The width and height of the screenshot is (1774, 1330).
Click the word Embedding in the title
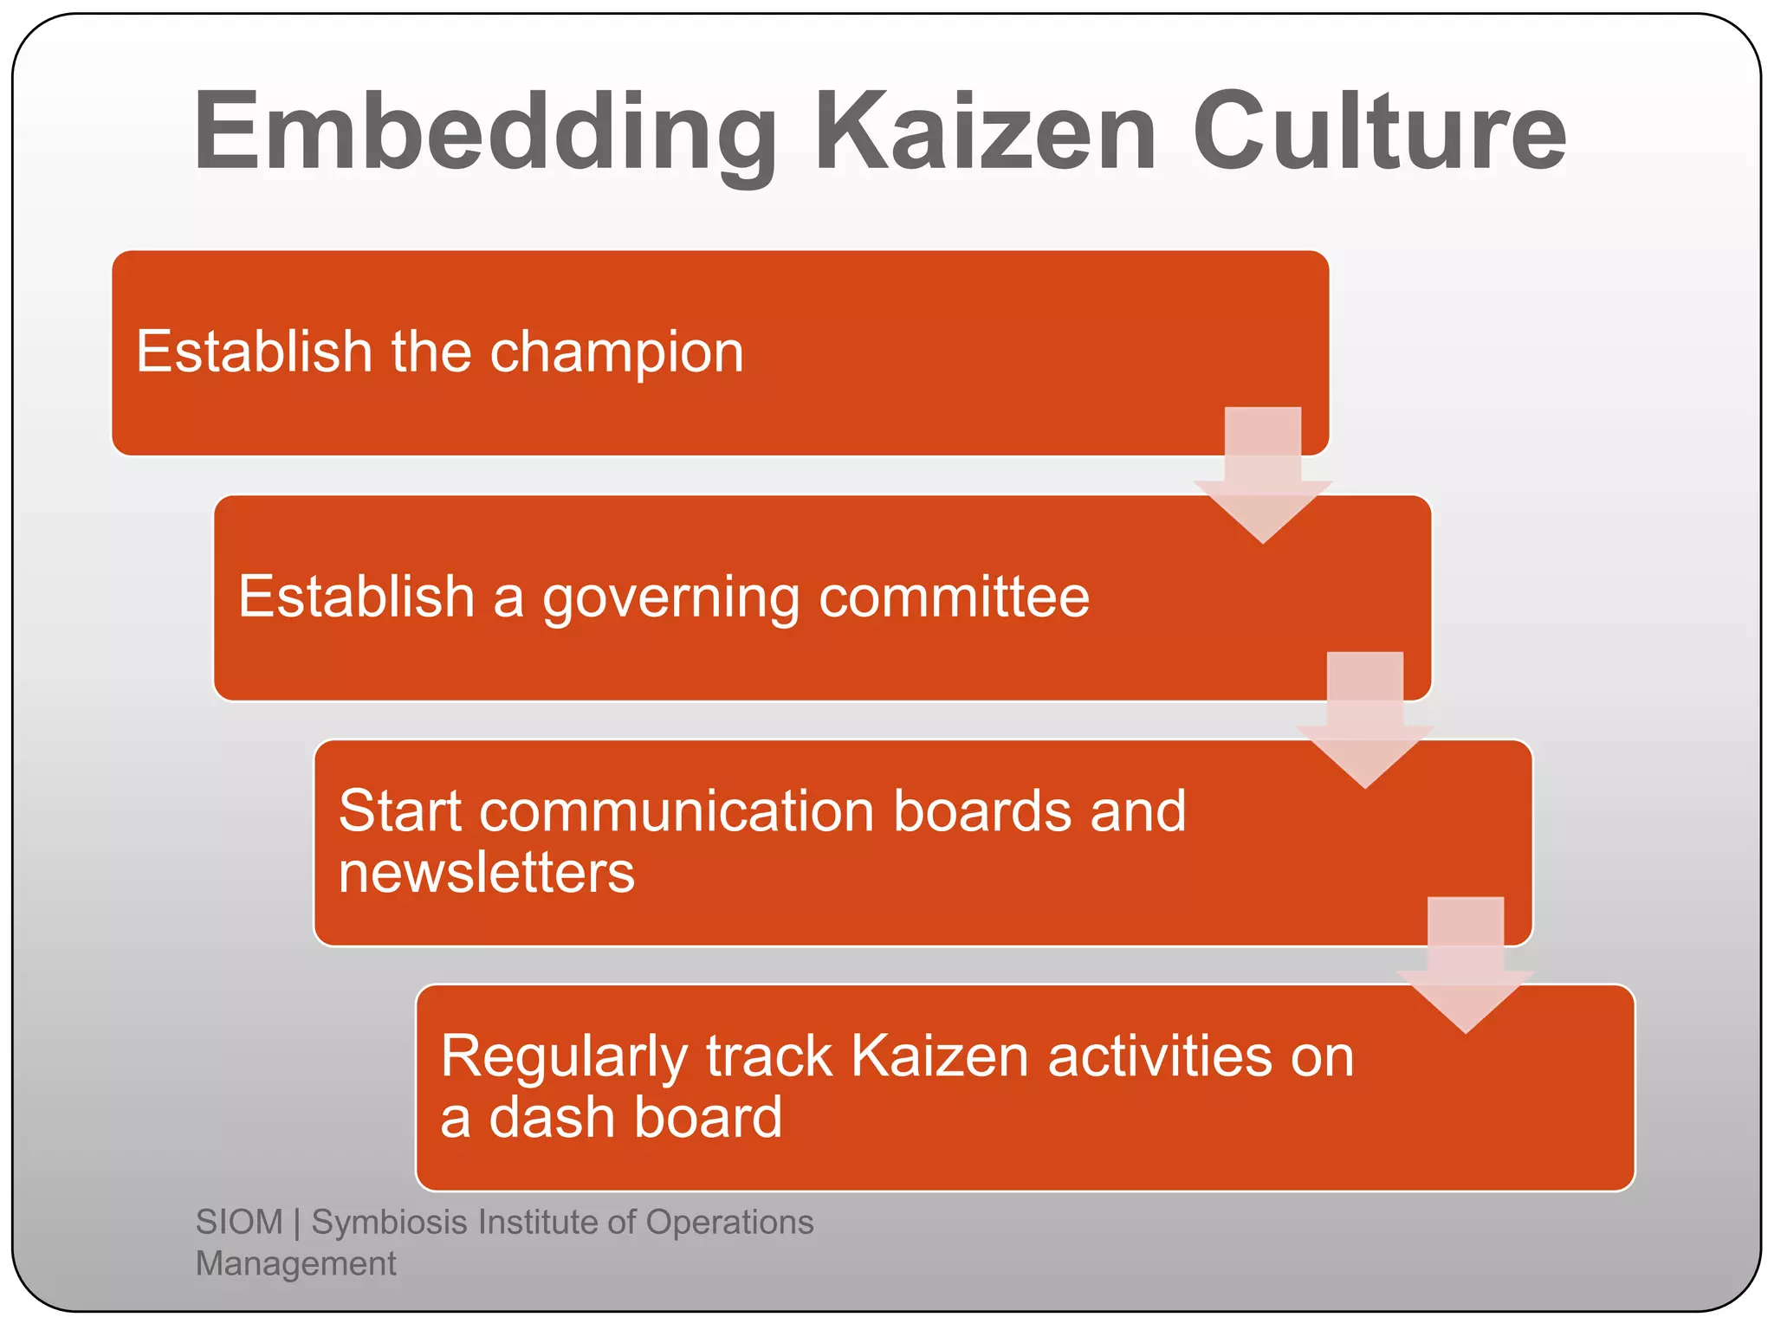tap(485, 134)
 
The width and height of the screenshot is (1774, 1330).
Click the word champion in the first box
tap(616, 353)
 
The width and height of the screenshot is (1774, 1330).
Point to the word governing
tap(670, 598)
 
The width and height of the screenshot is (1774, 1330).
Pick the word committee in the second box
tap(954, 597)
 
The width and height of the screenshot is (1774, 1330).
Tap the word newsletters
tap(486, 872)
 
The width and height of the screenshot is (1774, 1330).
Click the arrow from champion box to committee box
tap(1262, 476)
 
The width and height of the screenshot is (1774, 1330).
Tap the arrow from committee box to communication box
tap(1364, 721)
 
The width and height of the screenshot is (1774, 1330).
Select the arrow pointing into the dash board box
tap(1466, 966)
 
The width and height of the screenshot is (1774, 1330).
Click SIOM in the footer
tap(239, 1222)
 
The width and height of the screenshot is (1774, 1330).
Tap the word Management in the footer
tap(295, 1263)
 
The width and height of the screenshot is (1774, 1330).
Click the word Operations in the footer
tap(729, 1222)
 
